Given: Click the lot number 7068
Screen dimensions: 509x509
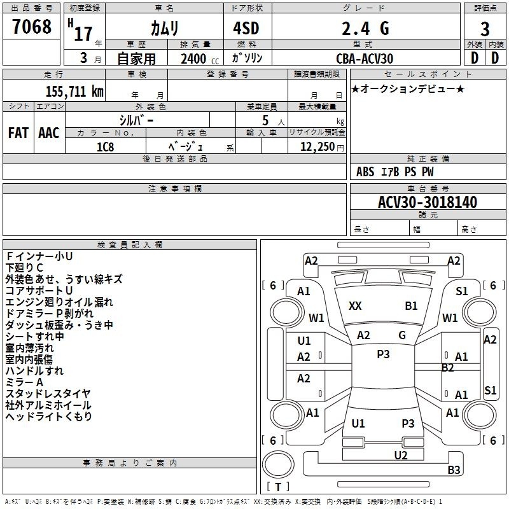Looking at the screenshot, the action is click(x=32, y=27).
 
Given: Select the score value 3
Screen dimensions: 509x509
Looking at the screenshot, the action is click(x=485, y=29).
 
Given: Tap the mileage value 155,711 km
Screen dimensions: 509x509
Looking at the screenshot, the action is click(x=74, y=91).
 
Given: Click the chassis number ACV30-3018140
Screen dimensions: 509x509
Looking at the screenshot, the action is click(x=428, y=202).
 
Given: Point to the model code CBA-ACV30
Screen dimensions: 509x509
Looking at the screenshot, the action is click(x=365, y=59).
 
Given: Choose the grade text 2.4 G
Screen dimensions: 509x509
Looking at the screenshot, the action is click(x=365, y=29).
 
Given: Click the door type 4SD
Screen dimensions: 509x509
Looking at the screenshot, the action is click(x=246, y=28).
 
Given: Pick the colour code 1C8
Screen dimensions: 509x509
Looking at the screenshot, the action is click(x=106, y=147).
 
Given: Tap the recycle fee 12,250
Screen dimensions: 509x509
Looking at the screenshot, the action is click(x=317, y=147).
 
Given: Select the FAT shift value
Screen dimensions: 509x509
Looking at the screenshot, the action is click(x=18, y=133).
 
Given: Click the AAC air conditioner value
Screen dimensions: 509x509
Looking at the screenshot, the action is click(x=49, y=133).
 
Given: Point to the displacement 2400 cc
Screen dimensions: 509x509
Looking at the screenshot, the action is click(x=200, y=59).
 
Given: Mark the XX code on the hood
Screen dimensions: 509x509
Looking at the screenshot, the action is click(x=355, y=306).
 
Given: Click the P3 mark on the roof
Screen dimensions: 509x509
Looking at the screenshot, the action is click(x=383, y=354).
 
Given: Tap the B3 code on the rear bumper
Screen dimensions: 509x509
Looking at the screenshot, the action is click(x=454, y=470).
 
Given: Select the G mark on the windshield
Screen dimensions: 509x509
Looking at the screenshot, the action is click(x=402, y=335).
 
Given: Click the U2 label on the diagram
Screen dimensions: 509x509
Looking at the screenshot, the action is click(x=401, y=455).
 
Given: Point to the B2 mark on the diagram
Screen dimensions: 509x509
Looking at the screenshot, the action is click(x=447, y=368).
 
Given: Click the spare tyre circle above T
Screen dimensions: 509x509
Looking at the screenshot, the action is click(x=278, y=464).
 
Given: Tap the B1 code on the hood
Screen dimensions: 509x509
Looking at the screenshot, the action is click(x=411, y=306).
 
